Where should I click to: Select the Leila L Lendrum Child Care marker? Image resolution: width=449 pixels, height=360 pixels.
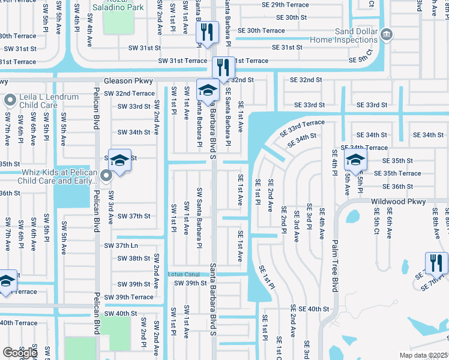(10, 100)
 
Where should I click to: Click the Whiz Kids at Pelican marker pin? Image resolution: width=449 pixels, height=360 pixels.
(107, 176)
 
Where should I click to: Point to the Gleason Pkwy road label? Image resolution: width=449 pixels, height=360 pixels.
(128, 80)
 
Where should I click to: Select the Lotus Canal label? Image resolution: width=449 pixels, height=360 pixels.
(183, 274)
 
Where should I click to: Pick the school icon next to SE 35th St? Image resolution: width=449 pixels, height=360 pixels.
(355, 160)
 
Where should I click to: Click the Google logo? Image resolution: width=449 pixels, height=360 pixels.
(20, 353)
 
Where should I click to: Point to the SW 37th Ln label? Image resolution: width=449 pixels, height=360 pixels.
(121, 246)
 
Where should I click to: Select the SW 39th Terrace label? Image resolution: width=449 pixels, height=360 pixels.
(128, 297)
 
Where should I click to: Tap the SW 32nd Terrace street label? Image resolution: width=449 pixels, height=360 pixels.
(128, 94)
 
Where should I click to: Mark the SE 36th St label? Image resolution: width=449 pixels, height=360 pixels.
(393, 187)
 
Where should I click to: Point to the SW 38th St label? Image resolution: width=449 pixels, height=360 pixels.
(133, 259)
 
